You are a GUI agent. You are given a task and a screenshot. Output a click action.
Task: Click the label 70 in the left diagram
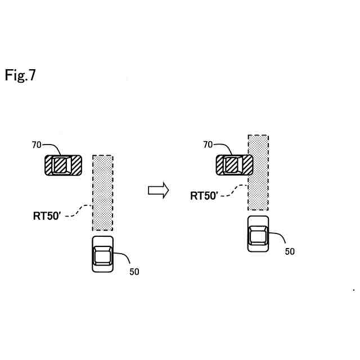37,145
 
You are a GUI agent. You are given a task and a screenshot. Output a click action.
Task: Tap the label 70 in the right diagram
208,145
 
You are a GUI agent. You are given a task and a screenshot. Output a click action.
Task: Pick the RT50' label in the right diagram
204,196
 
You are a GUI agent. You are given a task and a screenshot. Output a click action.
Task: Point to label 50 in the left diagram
134,272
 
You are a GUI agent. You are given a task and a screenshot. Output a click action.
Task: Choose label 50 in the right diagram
289,251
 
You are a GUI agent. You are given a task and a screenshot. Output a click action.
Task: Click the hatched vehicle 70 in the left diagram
63,165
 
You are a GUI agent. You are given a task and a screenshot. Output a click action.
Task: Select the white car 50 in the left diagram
103,255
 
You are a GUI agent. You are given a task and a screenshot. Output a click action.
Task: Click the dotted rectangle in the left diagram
103,193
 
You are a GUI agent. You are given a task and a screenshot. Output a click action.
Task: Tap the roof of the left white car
102,256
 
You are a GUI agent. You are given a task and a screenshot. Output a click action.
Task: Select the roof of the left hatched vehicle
59,165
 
